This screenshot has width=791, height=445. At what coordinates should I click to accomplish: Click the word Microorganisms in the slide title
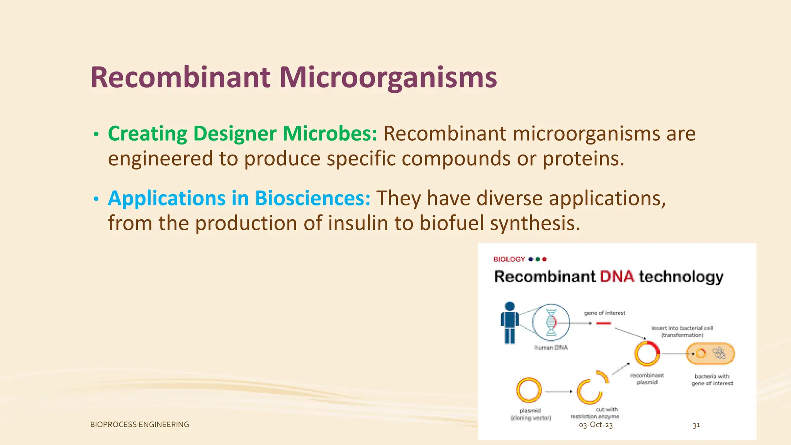tap(388, 78)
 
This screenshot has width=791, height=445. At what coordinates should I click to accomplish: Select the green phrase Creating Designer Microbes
tap(242, 134)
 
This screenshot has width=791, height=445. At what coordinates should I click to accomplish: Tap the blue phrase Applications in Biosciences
tap(239, 198)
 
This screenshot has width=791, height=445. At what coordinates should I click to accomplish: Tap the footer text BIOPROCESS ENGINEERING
tap(139, 425)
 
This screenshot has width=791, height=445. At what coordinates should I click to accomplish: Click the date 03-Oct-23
tap(596, 425)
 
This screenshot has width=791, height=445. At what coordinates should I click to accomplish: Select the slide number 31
tap(696, 426)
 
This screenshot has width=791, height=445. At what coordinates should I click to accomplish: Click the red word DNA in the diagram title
tap(617, 277)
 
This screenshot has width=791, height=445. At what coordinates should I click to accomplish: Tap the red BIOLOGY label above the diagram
tap(509, 259)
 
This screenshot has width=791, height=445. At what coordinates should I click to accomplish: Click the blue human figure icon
tap(510, 323)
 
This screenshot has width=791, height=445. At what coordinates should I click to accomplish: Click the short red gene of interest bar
tap(603, 323)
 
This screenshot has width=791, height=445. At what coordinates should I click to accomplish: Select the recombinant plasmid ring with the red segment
tap(647, 353)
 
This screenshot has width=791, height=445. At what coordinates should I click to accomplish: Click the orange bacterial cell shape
tap(710, 353)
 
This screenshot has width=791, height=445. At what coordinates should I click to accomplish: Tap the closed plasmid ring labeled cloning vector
tap(529, 390)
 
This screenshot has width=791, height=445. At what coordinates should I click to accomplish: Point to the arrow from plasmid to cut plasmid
tap(558, 392)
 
